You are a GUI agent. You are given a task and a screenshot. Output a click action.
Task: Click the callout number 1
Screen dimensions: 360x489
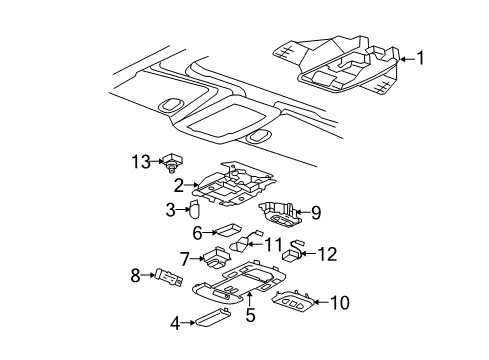point(420,58)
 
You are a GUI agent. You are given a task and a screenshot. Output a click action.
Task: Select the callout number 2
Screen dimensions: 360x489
point(179,185)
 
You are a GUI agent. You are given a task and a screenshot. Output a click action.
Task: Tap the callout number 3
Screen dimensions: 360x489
point(170,209)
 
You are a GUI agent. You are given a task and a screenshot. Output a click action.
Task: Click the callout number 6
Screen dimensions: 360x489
point(198,233)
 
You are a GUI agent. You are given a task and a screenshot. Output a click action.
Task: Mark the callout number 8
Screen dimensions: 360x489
point(137,274)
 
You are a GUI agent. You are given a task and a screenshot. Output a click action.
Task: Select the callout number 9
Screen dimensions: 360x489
point(315,212)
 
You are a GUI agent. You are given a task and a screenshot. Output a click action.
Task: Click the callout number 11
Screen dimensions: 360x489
point(272,244)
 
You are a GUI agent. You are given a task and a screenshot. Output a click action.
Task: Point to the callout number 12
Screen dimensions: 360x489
point(326,254)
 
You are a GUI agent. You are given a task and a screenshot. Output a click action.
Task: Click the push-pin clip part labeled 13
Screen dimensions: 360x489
point(175,162)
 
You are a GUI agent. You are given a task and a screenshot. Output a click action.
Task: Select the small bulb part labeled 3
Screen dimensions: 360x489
point(195,209)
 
